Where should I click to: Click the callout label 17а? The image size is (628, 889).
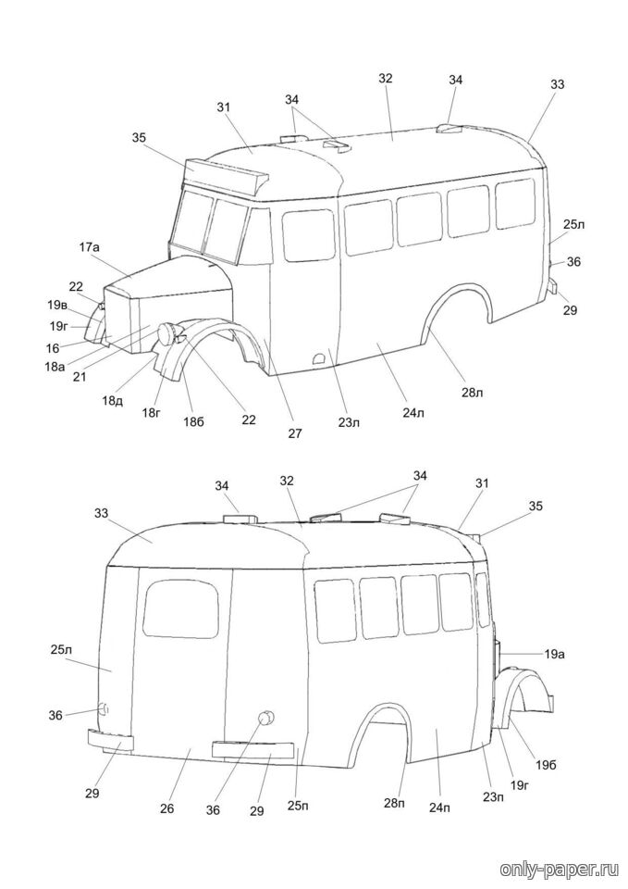(89, 247)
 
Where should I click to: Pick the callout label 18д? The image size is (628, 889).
(113, 400)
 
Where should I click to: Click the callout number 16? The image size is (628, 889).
(52, 347)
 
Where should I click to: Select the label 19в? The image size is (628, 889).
(57, 305)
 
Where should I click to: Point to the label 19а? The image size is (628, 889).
(554, 655)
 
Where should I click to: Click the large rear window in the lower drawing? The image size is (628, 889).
(180, 608)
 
